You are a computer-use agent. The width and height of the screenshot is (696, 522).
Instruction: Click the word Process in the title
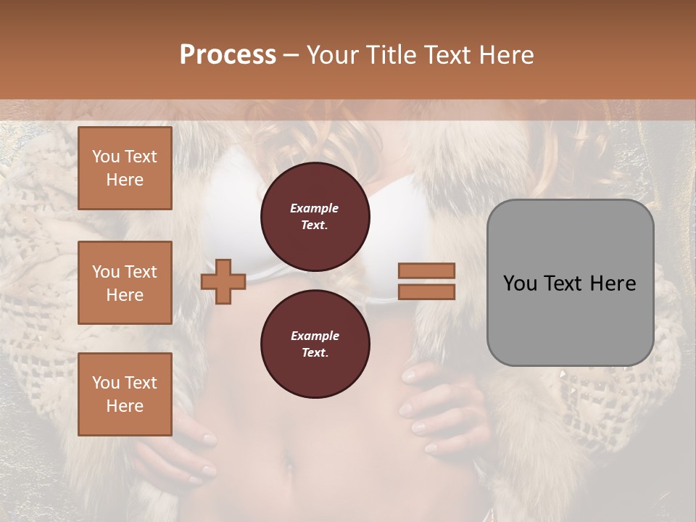point(228,54)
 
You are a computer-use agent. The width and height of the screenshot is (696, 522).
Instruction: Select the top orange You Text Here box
point(125,168)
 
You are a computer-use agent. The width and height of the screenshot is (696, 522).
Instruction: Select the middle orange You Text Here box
point(125,283)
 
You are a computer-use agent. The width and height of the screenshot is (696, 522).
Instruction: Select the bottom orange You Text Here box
point(125,394)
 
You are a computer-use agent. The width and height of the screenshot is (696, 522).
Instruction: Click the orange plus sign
point(223,281)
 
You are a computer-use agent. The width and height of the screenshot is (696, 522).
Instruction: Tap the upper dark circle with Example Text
point(315,216)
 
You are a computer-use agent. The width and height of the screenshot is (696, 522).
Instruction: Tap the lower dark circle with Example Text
point(315,344)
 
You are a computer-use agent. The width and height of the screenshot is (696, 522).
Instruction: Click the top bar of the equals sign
point(426,271)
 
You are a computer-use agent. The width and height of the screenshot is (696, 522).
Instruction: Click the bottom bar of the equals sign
point(426,291)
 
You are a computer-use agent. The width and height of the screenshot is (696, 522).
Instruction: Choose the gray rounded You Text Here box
point(570,283)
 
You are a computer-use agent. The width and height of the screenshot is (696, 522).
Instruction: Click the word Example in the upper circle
point(315,208)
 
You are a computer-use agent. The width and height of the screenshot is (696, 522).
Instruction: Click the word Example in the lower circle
point(315,336)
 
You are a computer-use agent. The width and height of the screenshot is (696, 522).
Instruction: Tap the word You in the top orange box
point(105,157)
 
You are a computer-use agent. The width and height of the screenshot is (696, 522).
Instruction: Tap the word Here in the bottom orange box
point(125,406)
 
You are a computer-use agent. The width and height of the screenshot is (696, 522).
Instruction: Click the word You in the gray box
point(520,283)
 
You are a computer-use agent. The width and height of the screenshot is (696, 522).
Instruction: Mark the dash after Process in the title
point(291,55)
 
